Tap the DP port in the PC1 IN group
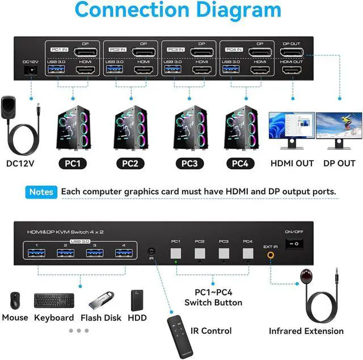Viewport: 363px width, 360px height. pyautogui.click(x=86, y=53)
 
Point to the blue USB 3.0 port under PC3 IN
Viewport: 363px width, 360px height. pyautogui.click(x=172, y=70)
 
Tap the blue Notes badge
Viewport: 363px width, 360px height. pyautogui.click(x=41, y=192)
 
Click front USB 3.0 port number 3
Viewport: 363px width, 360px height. pyautogui.click(x=95, y=253)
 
